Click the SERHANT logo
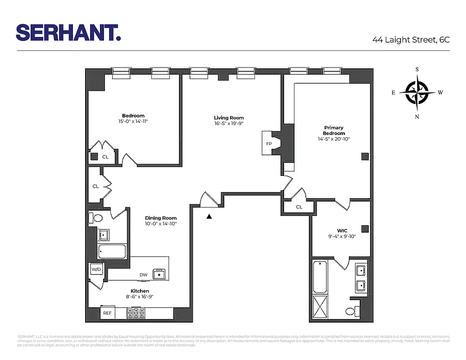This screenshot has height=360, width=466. click(x=68, y=32)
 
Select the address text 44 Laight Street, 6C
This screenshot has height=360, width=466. click(x=411, y=40)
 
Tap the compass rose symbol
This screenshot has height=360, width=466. click(x=417, y=92)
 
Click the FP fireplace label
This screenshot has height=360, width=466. click(x=269, y=144)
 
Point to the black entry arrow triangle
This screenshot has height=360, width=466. click(x=209, y=216)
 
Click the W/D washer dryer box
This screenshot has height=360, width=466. click(x=96, y=270)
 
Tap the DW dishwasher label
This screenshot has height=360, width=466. click(x=143, y=274)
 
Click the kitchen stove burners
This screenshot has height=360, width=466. click(x=136, y=313)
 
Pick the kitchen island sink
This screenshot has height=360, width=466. click(x=159, y=274)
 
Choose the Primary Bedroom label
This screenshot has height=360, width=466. click(x=334, y=130)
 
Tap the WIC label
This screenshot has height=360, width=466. click(x=342, y=231)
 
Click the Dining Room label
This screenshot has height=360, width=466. click(x=161, y=218)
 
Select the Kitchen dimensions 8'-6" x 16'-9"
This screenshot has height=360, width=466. click(x=140, y=297)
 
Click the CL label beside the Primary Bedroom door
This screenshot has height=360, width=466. click(x=299, y=207)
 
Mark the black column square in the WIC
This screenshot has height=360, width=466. click(x=365, y=228)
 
